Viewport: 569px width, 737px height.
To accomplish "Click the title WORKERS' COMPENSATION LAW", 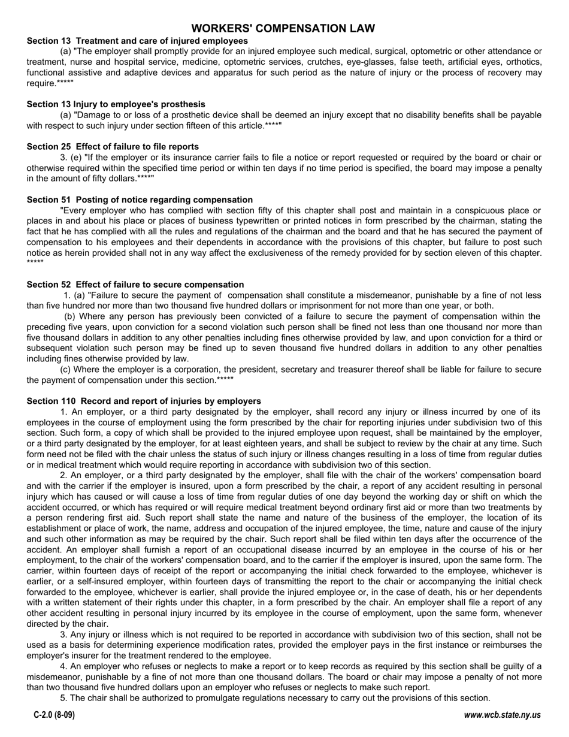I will [x=283, y=29].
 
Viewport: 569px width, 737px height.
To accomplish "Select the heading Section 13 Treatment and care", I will [x=137, y=41].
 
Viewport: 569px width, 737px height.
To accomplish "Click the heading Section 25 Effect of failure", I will [x=113, y=147].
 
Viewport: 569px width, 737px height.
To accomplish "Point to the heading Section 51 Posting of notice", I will [x=140, y=200].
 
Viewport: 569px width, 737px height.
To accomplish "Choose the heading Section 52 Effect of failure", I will [x=135, y=285].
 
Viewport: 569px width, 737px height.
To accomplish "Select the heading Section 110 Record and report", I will [x=144, y=401].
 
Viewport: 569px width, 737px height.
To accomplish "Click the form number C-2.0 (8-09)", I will [x=55, y=715].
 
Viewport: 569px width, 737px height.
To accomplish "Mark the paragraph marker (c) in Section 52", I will [x=66, y=370].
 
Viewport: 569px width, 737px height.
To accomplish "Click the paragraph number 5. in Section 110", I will [x=63, y=698].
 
